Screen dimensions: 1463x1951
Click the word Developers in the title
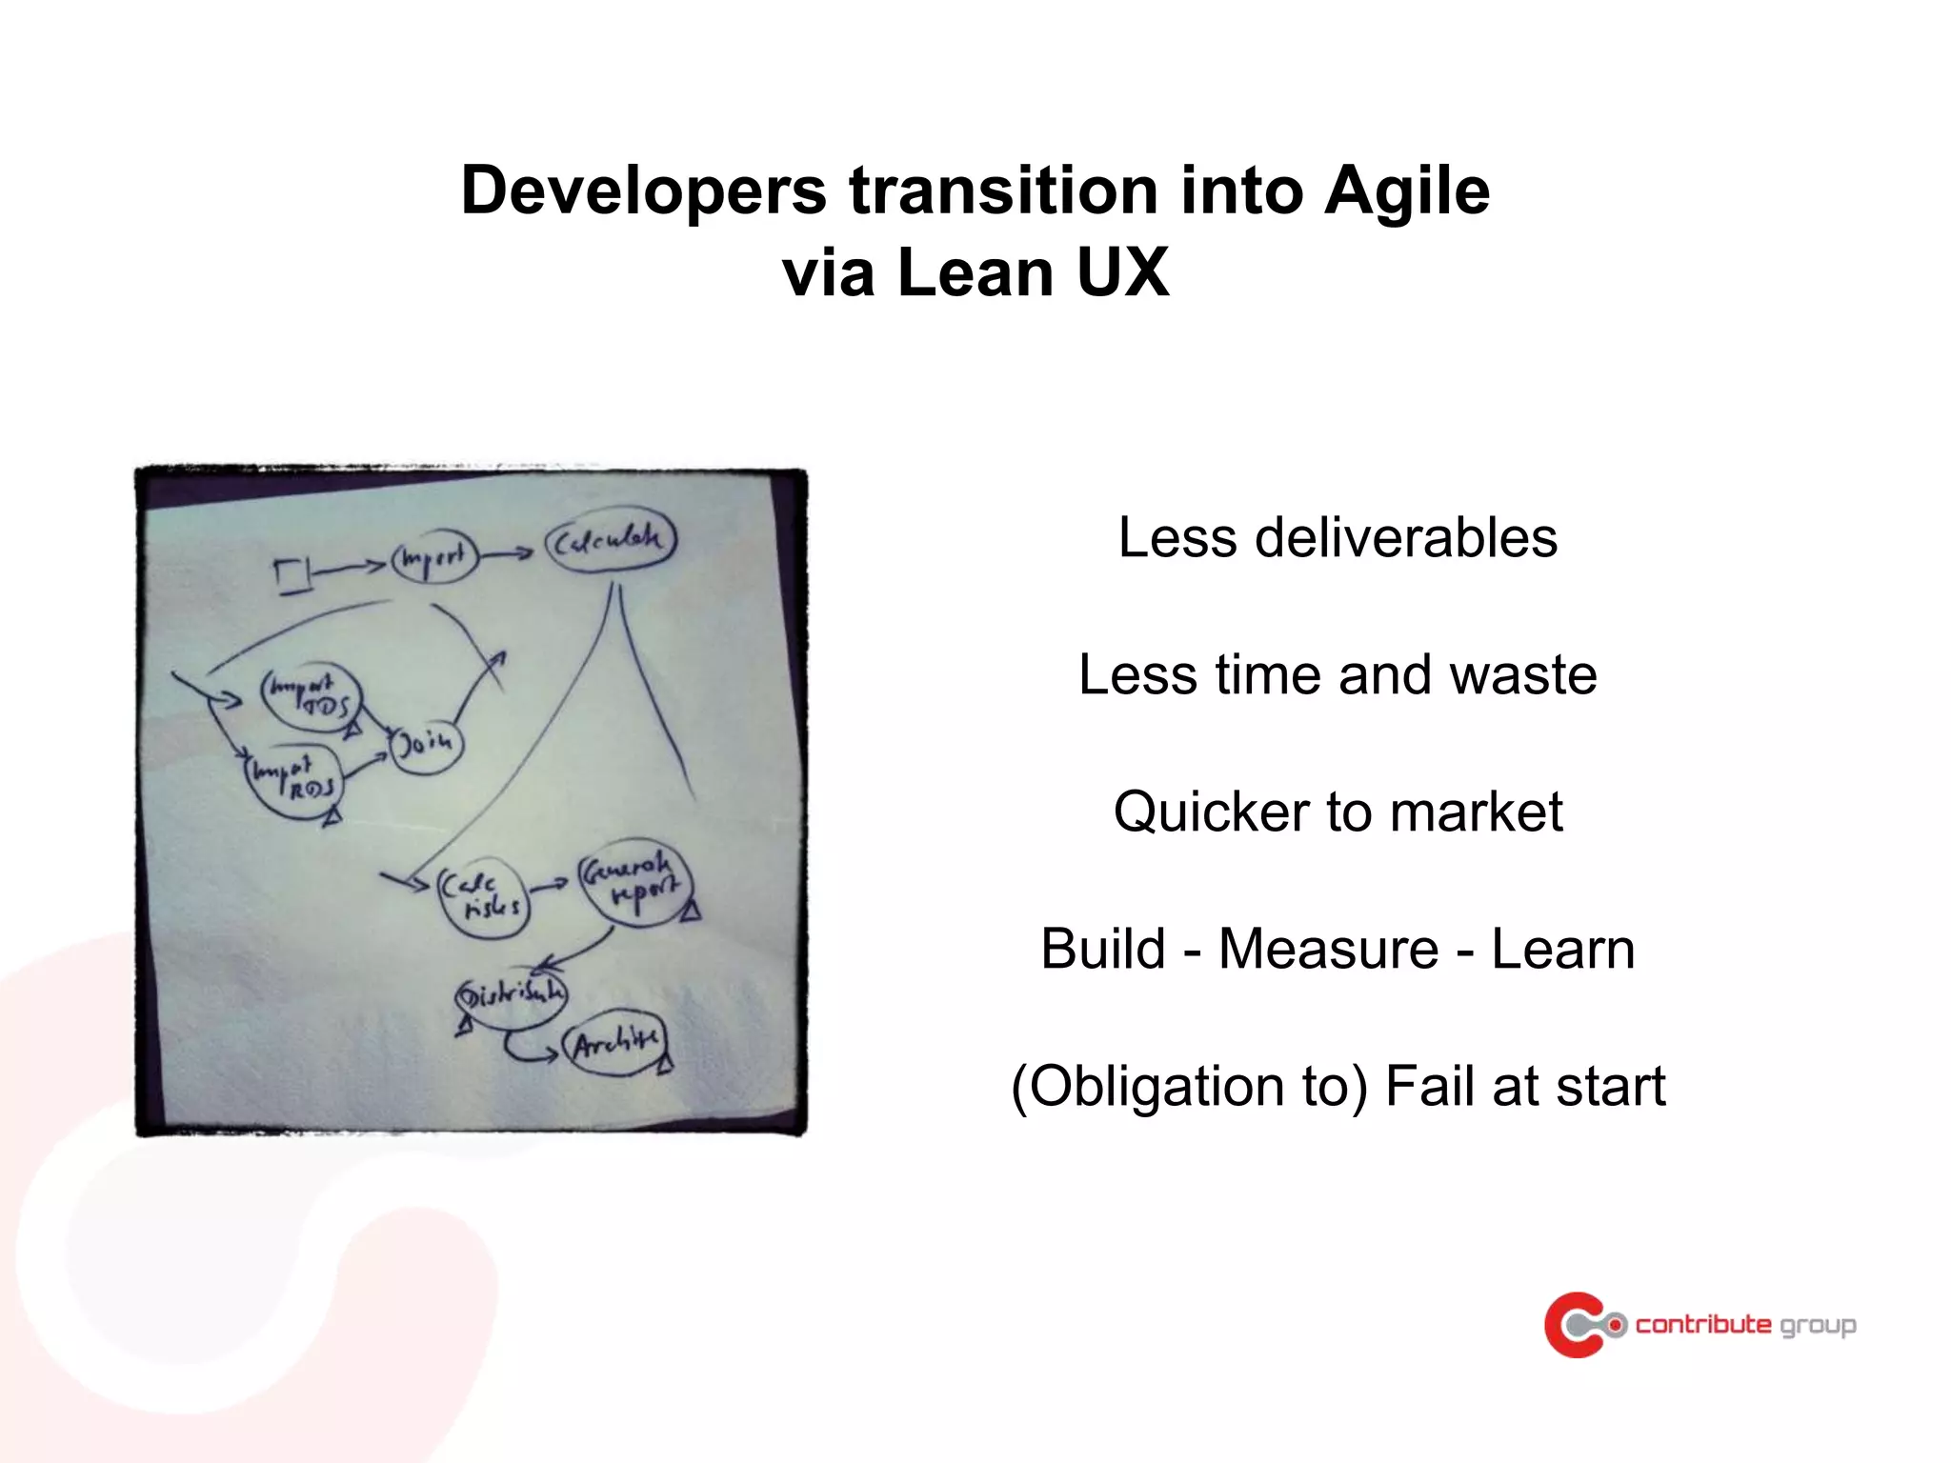point(644,190)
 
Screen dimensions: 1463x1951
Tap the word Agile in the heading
point(1407,190)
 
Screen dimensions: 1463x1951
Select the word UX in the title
point(1121,272)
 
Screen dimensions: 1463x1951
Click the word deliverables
point(1406,537)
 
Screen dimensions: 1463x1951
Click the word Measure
point(1328,949)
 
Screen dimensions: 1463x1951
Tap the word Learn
point(1563,949)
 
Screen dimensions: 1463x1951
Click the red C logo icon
point(1574,1324)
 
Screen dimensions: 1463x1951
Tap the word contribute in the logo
point(1703,1324)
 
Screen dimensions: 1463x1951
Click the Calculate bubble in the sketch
point(610,541)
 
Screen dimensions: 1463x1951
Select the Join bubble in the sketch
point(426,743)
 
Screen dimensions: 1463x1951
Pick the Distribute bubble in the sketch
point(512,995)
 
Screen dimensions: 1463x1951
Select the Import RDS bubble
point(294,780)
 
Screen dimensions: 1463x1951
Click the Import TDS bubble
point(312,697)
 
